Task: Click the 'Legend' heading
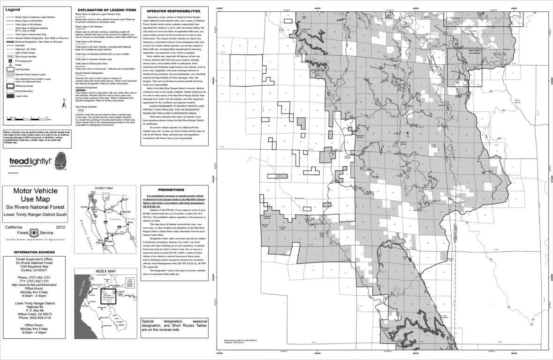12,9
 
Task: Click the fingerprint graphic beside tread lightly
61,162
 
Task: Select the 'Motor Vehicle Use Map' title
35,195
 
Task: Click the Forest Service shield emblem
35,232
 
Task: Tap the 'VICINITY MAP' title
104,188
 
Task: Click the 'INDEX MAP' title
105,271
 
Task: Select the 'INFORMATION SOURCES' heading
35,253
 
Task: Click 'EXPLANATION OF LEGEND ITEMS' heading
106,10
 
